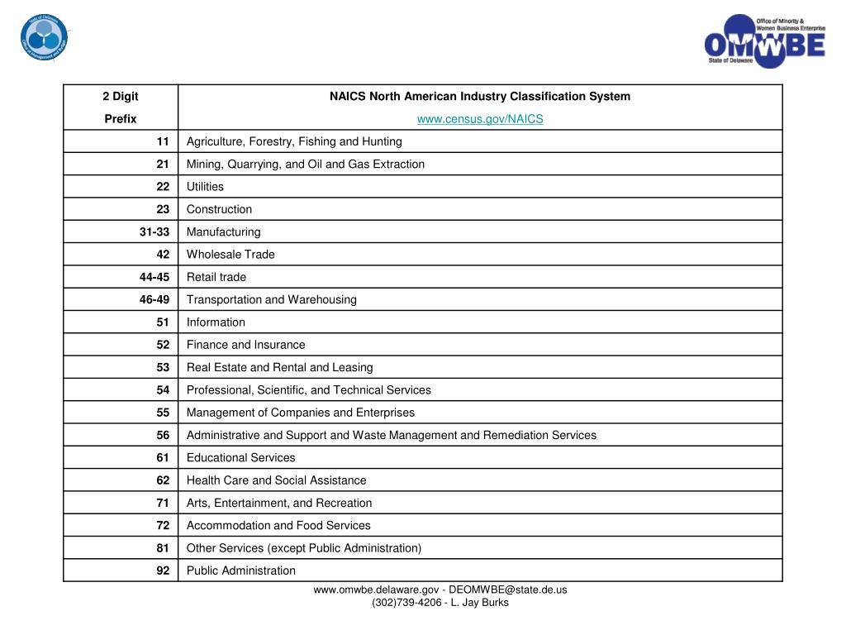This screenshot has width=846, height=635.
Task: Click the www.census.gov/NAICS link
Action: click(480, 119)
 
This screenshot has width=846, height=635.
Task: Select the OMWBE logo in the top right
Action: click(764, 42)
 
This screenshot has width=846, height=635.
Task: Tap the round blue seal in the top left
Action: click(45, 37)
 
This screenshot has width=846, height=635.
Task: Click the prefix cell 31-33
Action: click(154, 232)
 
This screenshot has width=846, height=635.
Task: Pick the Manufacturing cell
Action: click(223, 232)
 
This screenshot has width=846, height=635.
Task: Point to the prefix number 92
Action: click(163, 571)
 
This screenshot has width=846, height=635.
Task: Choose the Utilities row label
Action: click(205, 187)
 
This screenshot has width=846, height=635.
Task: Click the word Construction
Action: click(219, 209)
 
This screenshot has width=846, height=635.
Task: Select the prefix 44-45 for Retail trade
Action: click(154, 277)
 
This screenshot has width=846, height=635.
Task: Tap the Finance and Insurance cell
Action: click(245, 345)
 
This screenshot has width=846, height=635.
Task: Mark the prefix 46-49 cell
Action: click(154, 299)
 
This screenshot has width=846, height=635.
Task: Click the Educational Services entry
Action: click(240, 457)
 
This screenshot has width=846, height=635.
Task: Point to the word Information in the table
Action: click(216, 322)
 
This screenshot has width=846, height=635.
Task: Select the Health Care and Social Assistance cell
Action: click(276, 480)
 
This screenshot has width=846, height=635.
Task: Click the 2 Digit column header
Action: click(121, 97)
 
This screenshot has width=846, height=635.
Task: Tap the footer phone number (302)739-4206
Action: click(406, 603)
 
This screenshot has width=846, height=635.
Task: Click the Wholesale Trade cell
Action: click(231, 255)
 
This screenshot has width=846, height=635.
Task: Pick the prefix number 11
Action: click(163, 141)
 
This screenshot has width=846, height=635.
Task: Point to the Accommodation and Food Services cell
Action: click(278, 525)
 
